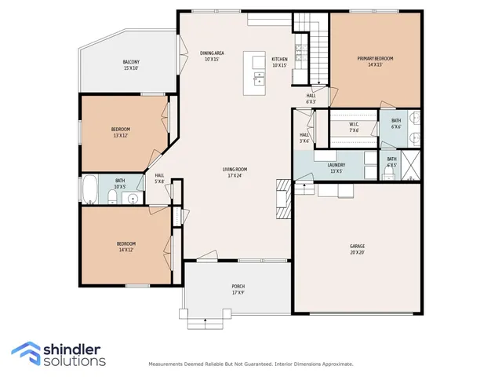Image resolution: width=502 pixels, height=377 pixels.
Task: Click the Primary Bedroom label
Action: tap(375, 62)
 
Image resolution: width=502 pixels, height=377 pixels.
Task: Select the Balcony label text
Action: tap(131, 65)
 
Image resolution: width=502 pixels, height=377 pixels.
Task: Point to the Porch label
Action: tap(238, 288)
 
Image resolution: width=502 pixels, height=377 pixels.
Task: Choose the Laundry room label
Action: tap(336, 167)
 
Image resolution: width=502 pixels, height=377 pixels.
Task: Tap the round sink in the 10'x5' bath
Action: tap(133, 197)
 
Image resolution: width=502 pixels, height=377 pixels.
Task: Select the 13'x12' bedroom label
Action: tap(120, 132)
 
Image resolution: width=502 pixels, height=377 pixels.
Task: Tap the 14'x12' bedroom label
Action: tap(125, 247)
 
